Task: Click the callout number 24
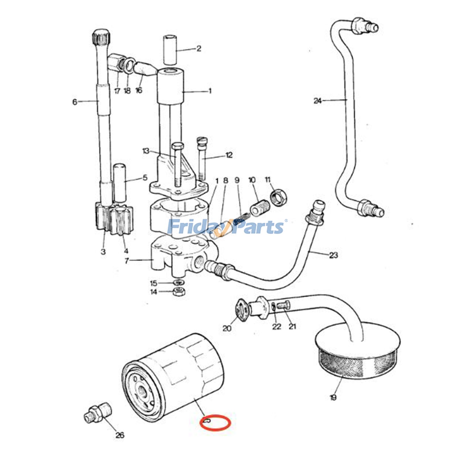point(318,101)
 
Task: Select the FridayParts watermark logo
point(226,227)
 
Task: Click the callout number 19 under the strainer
point(333,397)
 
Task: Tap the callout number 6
point(75,102)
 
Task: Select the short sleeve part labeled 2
point(170,50)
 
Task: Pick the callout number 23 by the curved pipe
point(333,255)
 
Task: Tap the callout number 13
point(146,151)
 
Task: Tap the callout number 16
point(139,90)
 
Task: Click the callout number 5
point(145,178)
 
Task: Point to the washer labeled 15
point(179,283)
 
